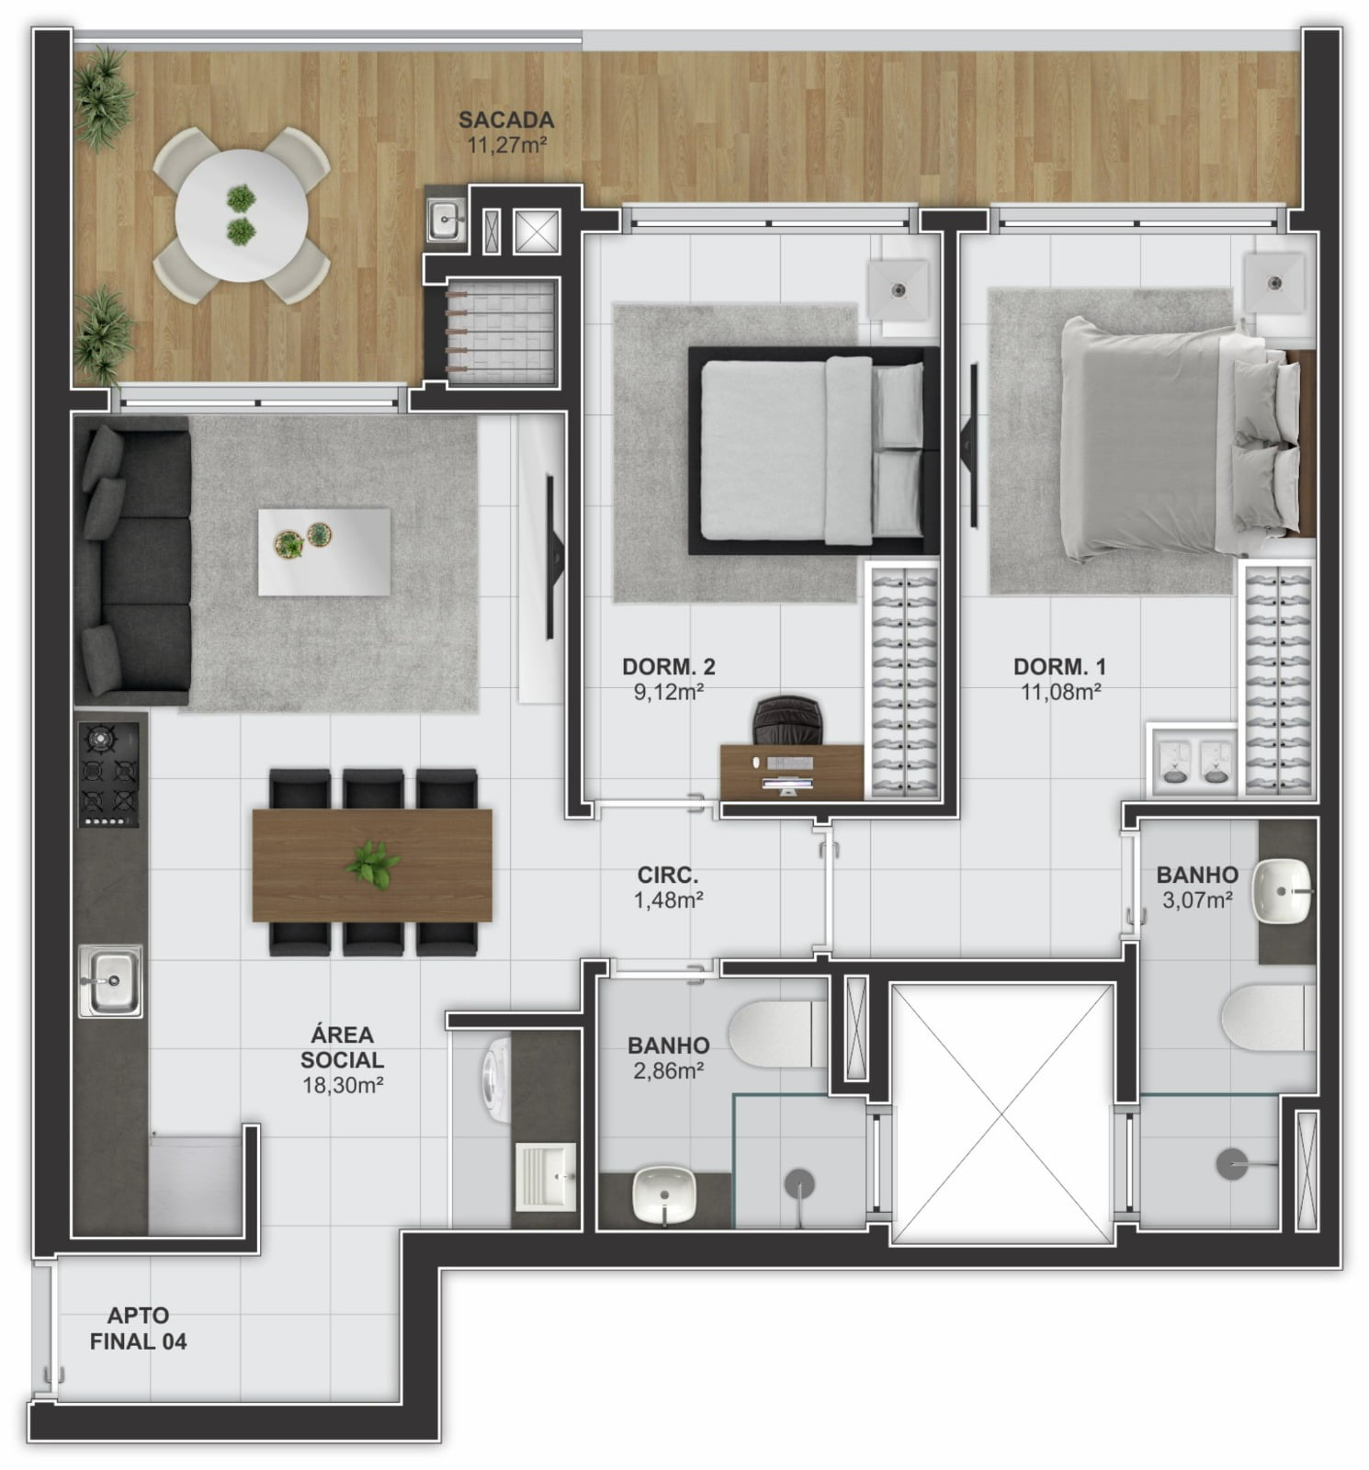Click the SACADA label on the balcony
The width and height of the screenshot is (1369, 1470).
[506, 119]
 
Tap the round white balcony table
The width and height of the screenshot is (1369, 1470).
[242, 216]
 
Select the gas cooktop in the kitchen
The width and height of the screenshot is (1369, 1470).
[109, 775]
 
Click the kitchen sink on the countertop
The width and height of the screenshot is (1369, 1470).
[110, 980]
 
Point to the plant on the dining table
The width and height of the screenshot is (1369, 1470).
[373, 865]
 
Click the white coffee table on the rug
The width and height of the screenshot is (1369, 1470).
[324, 552]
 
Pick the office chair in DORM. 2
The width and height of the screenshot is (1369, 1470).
[787, 720]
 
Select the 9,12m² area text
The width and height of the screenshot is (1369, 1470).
[669, 692]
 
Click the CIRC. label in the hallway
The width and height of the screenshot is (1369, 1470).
[668, 876]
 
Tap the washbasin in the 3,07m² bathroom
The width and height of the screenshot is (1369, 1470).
[1283, 890]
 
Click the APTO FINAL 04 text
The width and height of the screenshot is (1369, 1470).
[138, 1329]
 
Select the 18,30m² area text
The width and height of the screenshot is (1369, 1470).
[343, 1085]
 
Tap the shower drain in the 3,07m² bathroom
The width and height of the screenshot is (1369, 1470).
[1232, 1164]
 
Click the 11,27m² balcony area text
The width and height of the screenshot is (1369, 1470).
[506, 144]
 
